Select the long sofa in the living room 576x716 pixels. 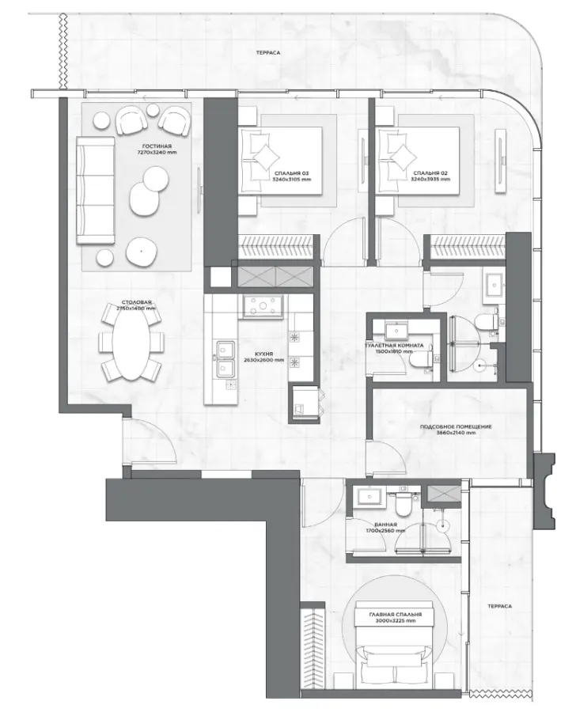point(92,190)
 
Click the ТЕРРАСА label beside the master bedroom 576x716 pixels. point(499,605)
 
